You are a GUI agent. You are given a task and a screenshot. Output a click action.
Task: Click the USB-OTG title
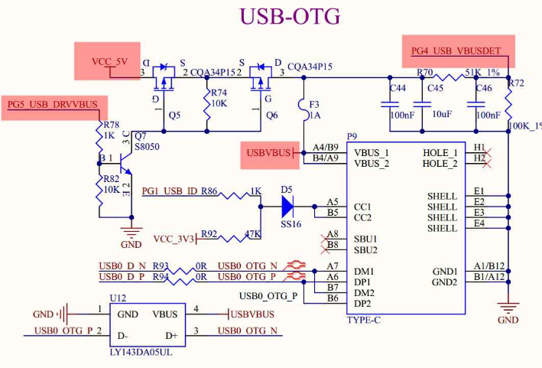point(290,18)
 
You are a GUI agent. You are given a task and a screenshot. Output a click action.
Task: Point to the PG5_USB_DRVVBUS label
point(53,104)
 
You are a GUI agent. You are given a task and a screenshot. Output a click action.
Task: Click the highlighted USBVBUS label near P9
point(268,153)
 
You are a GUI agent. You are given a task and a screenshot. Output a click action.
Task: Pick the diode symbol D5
point(287,205)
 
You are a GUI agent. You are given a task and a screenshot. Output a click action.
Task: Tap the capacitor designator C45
point(435,88)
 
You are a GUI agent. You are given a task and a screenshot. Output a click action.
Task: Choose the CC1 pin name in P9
point(362,207)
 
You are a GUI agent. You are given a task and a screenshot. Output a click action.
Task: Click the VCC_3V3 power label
point(175,238)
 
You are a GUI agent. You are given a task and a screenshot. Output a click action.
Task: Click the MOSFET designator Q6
point(271,116)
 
